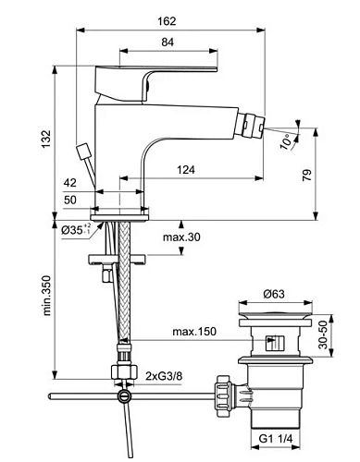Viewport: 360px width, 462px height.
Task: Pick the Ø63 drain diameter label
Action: (x=273, y=295)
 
